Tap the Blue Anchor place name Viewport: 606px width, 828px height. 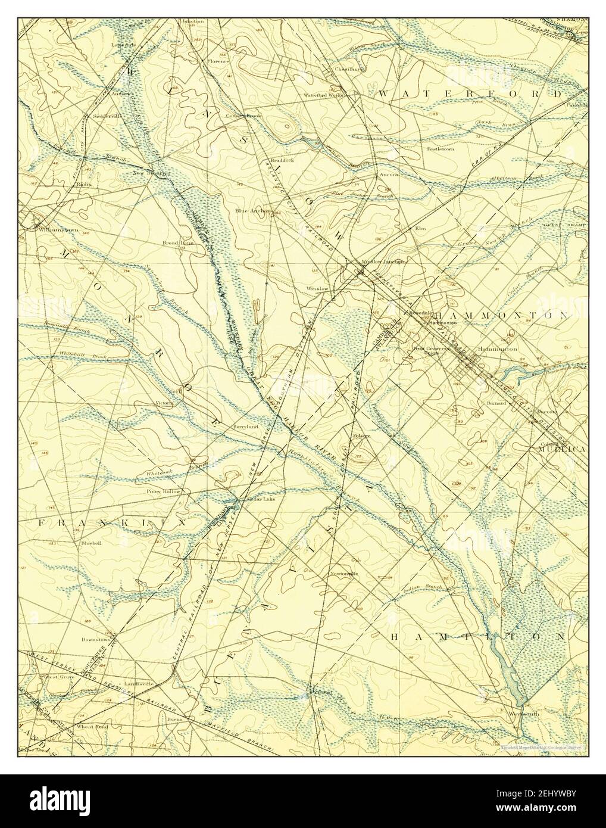252,210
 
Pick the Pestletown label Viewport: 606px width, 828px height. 440,149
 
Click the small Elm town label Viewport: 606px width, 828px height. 421,228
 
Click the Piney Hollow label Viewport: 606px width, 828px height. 163,491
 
